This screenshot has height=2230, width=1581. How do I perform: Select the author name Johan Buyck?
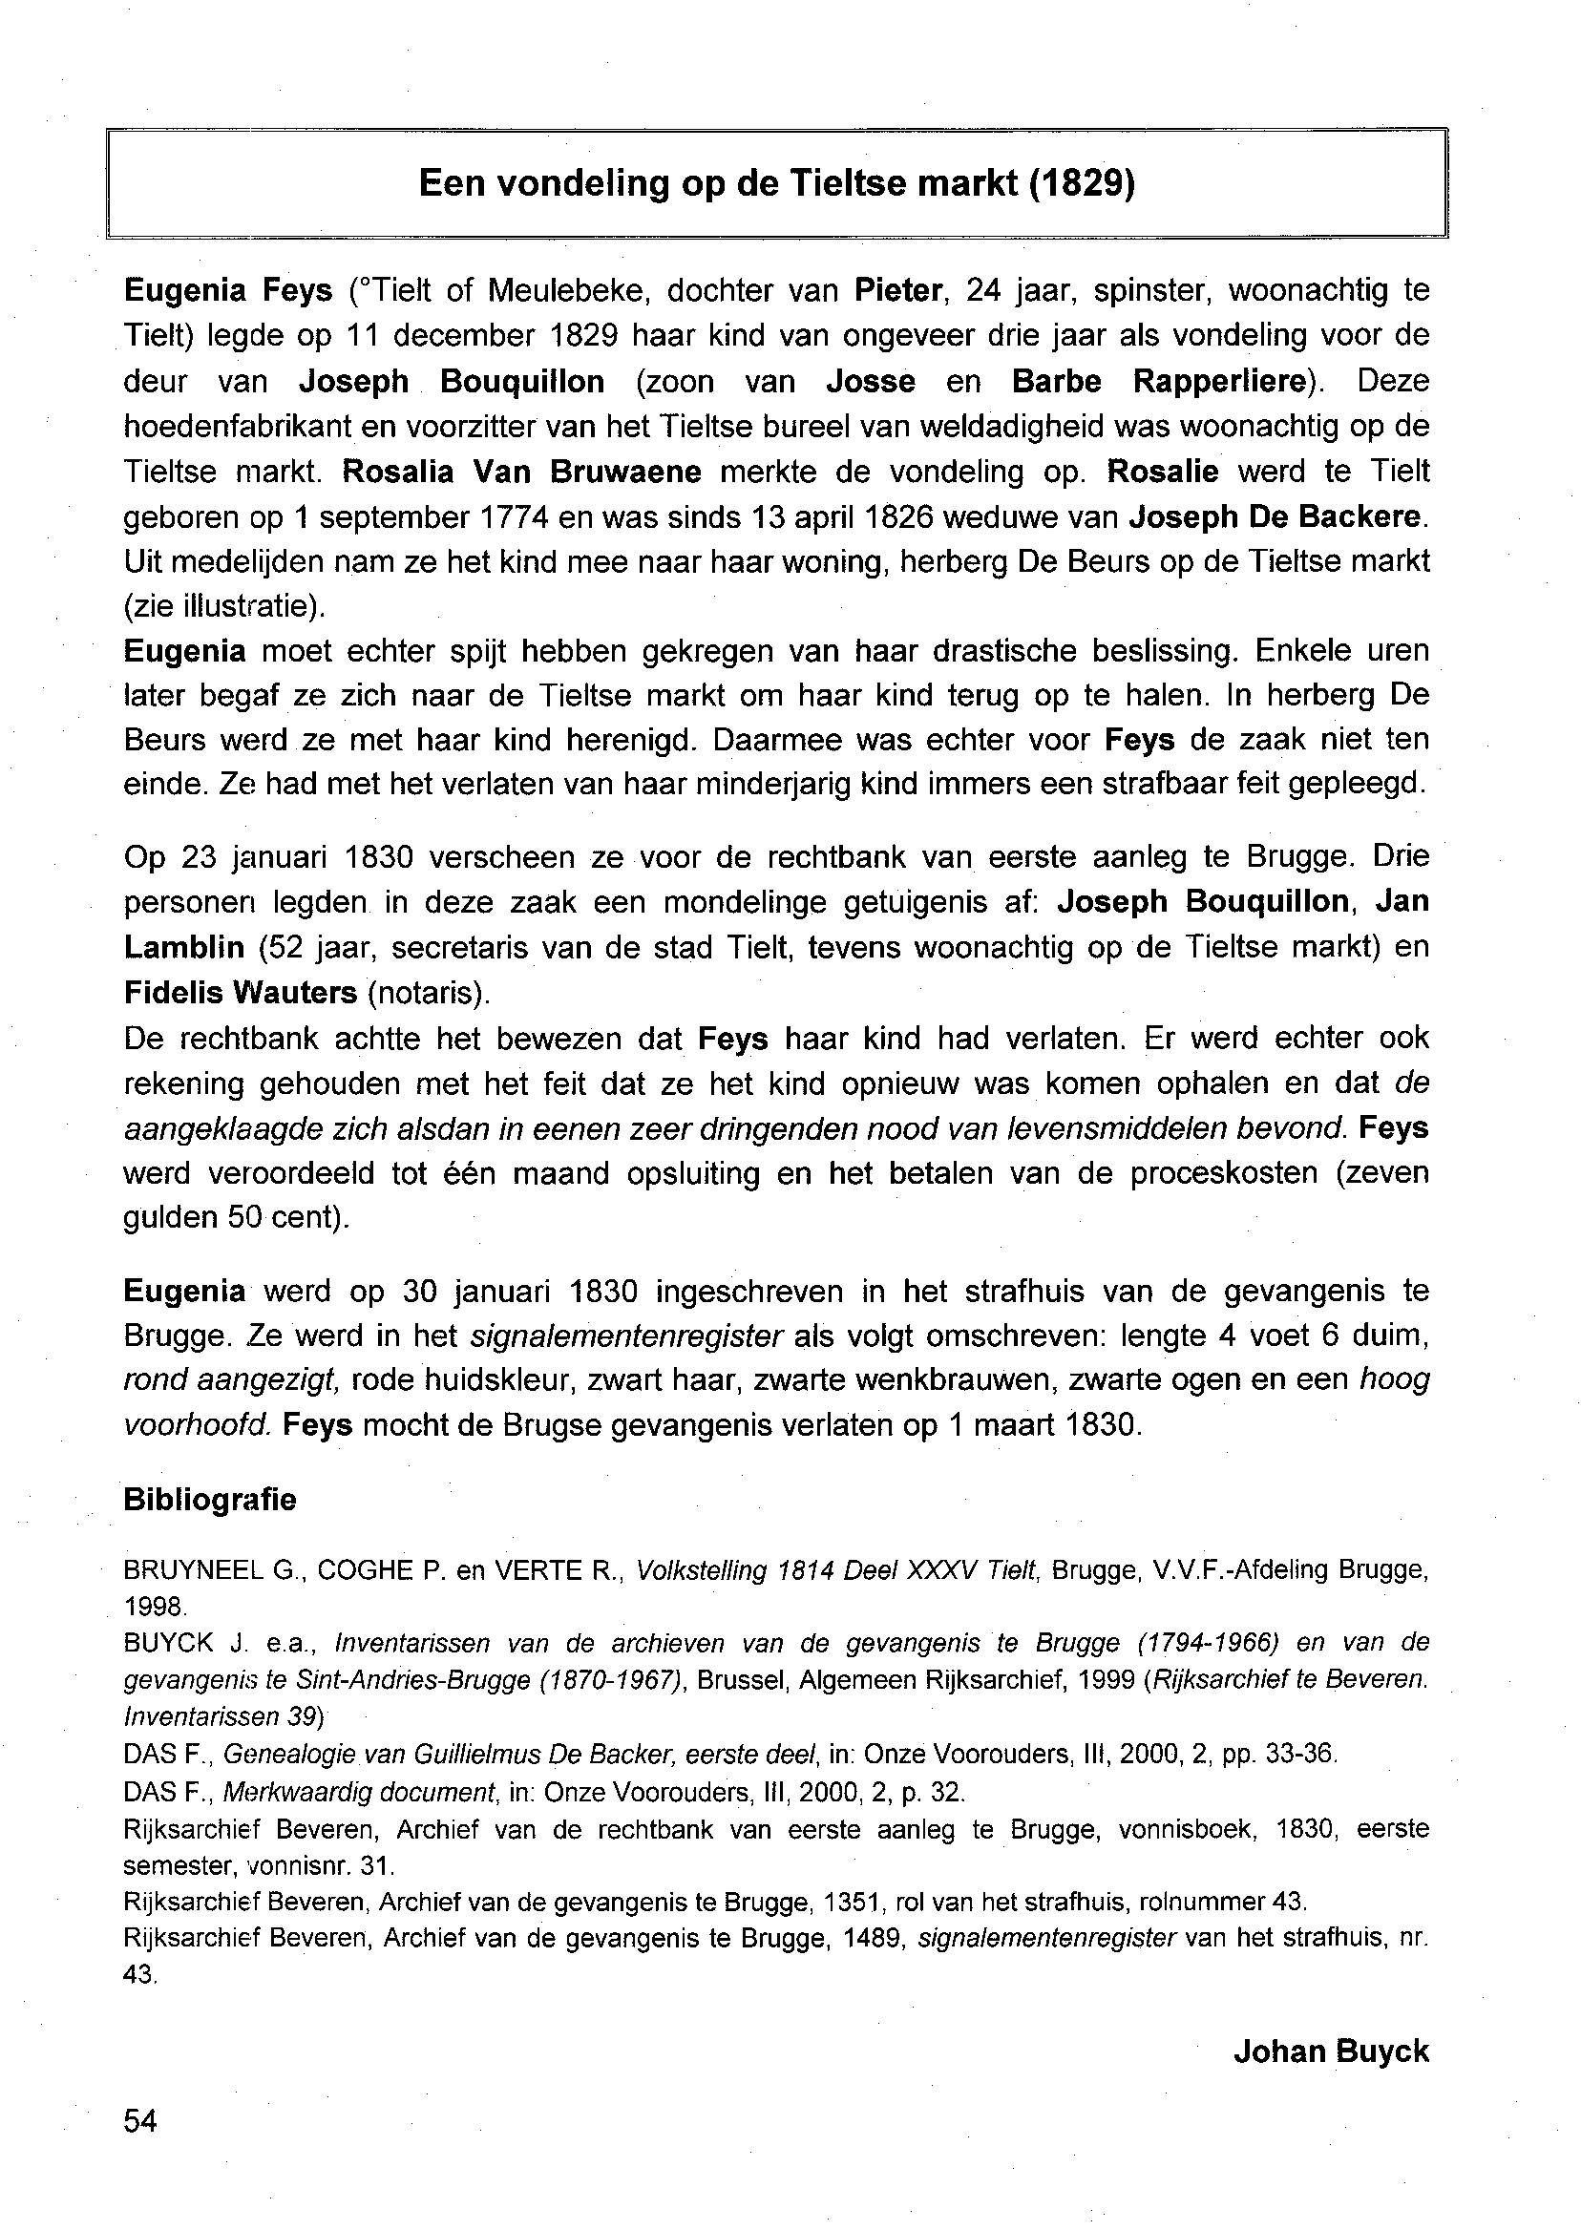click(x=1331, y=2051)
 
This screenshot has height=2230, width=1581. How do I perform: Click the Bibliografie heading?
click(x=209, y=1499)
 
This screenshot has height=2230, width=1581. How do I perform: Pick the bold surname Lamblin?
click(x=184, y=946)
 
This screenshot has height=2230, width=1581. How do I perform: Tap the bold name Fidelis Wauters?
click(x=241, y=992)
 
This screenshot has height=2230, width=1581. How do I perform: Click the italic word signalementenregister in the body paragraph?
click(x=626, y=1336)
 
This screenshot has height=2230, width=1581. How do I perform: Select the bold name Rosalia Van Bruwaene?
click(x=522, y=473)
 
